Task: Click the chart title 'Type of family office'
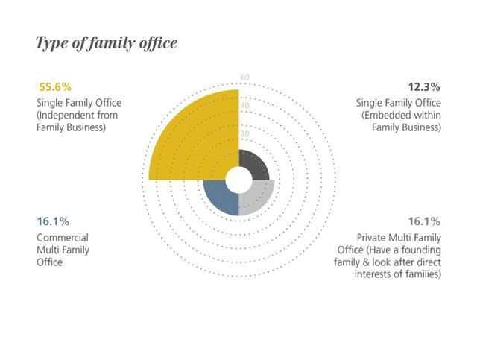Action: click(107, 43)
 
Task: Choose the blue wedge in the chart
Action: click(221, 198)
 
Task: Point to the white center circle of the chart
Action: click(238, 180)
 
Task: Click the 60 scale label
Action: click(244, 78)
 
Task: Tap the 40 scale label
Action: click(244, 106)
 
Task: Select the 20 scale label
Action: click(244, 134)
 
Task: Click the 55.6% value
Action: click(54, 86)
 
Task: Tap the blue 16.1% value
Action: click(53, 221)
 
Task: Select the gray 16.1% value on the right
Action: click(423, 221)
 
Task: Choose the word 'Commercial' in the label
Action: click(63, 238)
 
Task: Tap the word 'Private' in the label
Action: click(371, 238)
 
